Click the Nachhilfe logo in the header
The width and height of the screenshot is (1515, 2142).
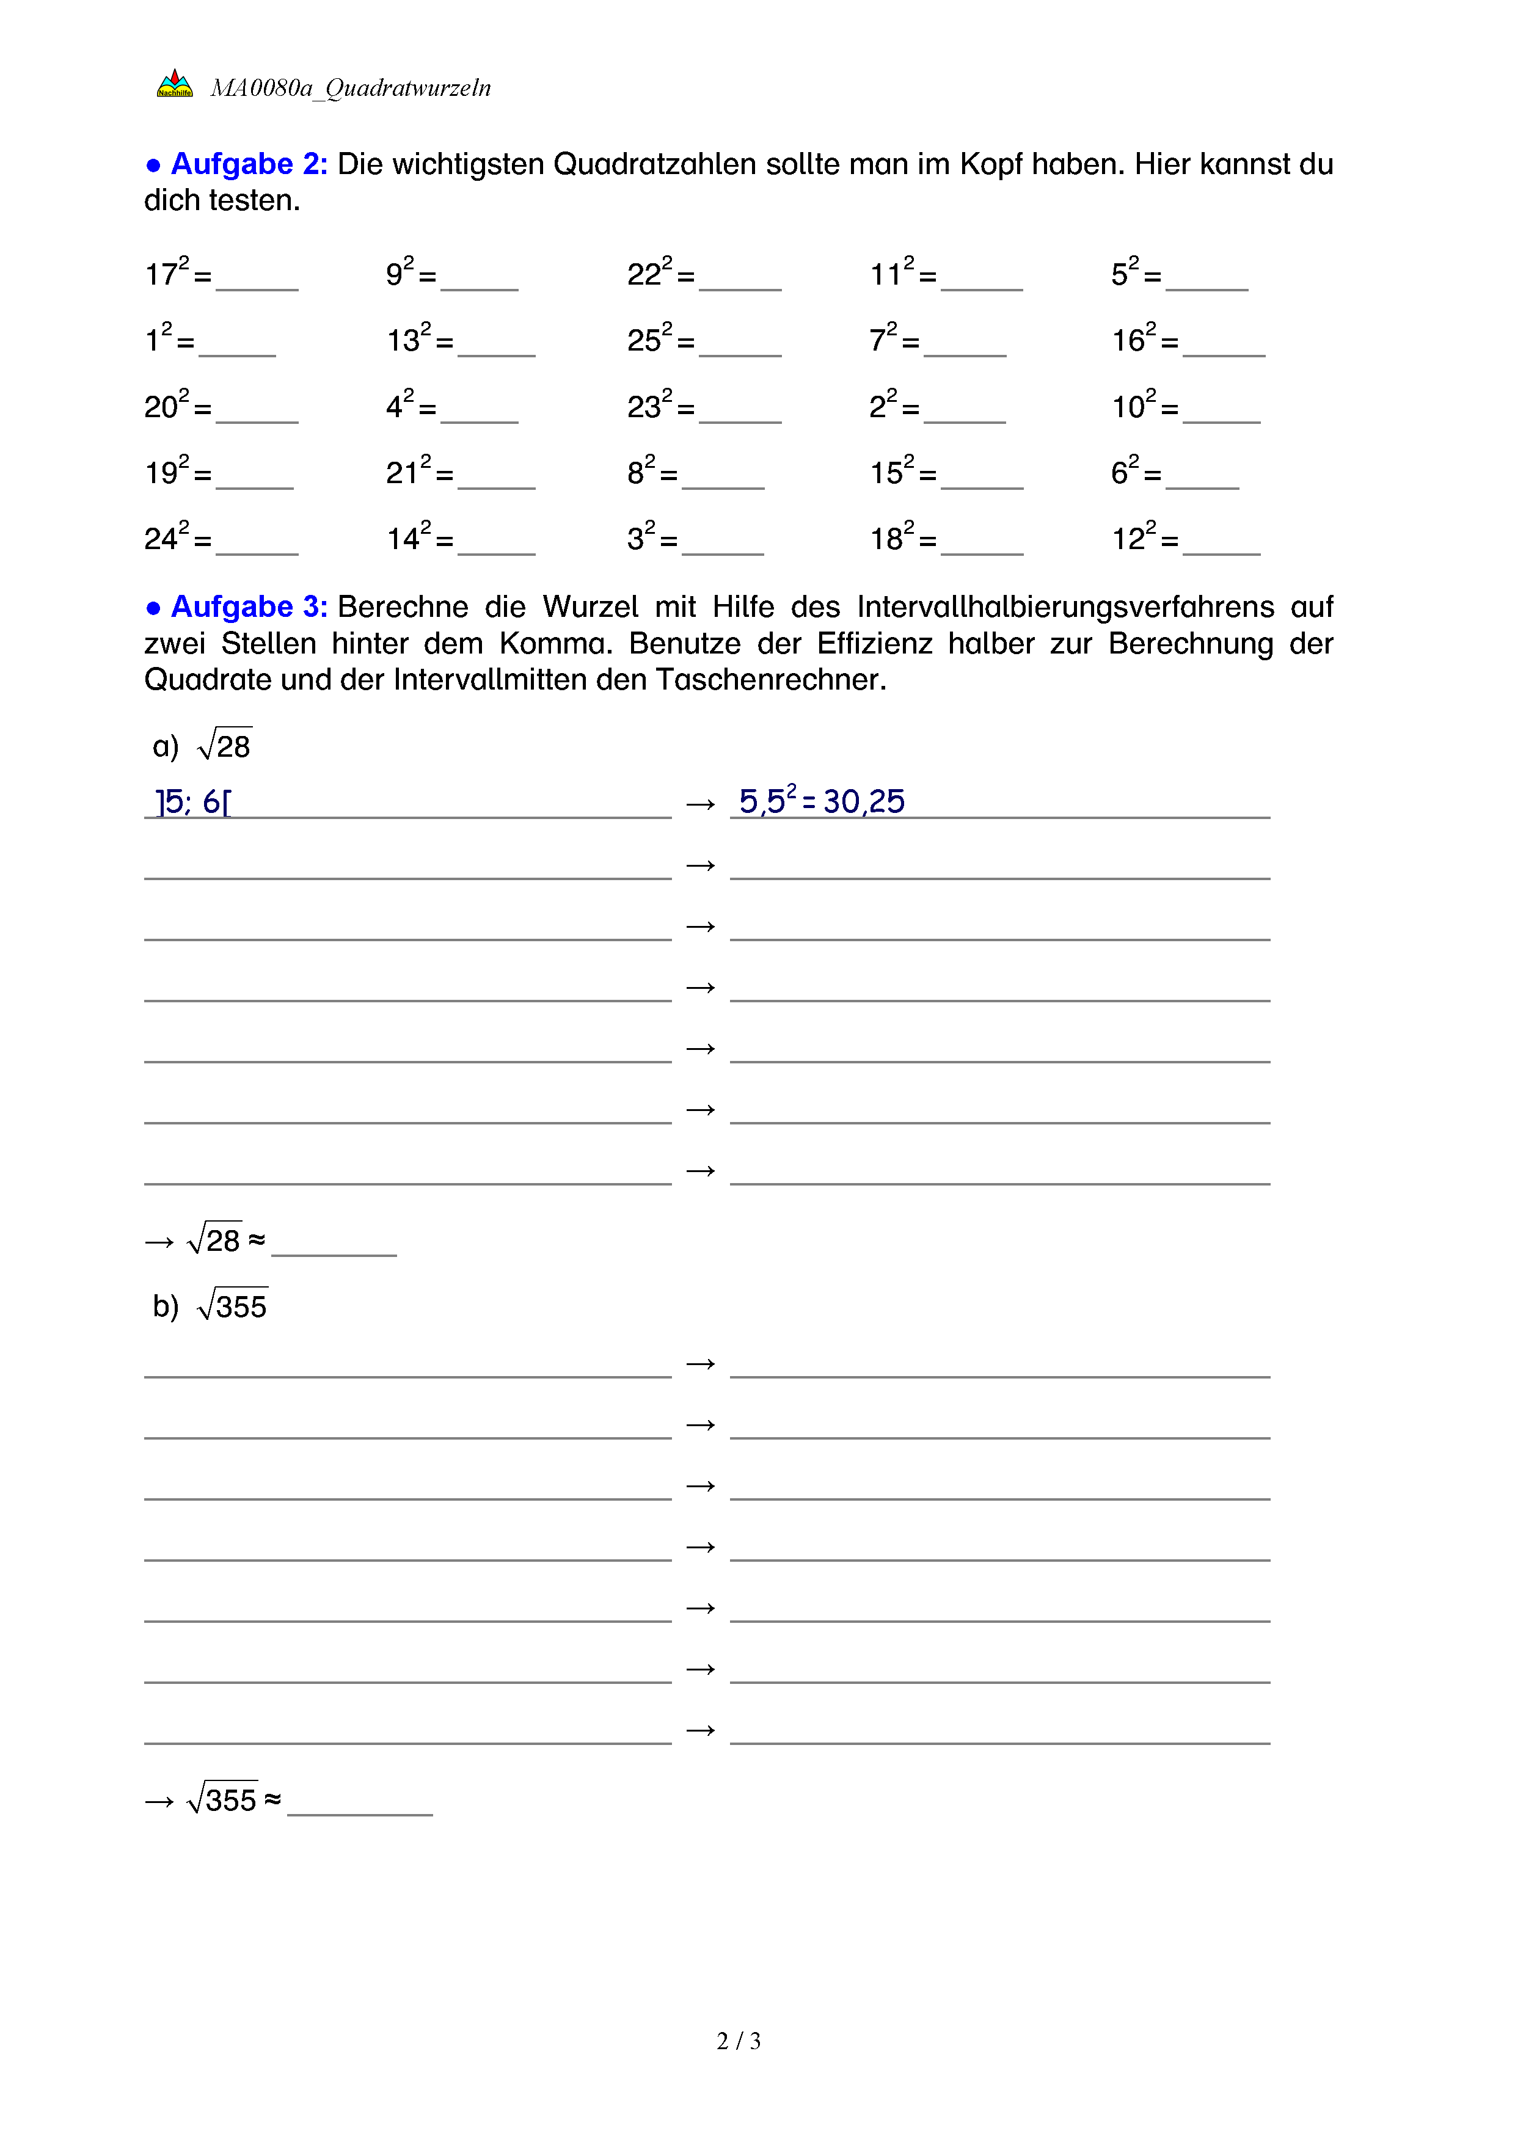[x=175, y=84]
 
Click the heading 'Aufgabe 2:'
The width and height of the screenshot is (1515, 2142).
[x=248, y=164]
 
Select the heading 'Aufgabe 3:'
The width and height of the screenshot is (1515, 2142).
[x=248, y=607]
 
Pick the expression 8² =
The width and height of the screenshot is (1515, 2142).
[x=652, y=473]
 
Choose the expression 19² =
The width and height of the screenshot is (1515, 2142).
[x=177, y=473]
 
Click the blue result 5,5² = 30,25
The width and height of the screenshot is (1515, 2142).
[x=821, y=801]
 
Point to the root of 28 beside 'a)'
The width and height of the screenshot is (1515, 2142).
[x=225, y=745]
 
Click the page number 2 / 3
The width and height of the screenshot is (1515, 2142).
[x=738, y=2041]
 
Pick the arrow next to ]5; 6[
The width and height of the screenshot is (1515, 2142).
[x=701, y=804]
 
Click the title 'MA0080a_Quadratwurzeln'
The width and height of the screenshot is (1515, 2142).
[x=350, y=89]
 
